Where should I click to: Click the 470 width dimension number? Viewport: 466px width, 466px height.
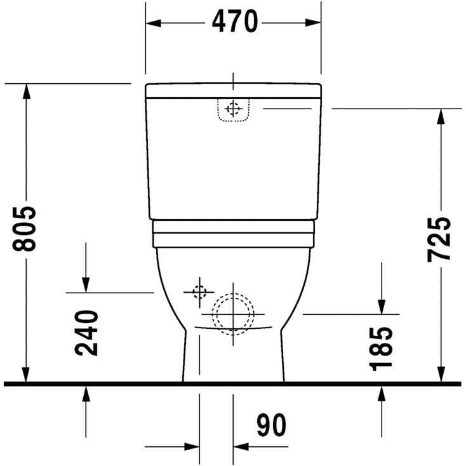click(234, 21)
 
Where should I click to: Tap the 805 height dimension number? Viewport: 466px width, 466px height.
click(24, 229)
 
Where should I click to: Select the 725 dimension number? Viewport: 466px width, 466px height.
click(439, 239)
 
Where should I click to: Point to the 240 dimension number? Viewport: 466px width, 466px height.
click(86, 333)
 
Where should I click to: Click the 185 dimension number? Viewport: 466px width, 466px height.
click(381, 349)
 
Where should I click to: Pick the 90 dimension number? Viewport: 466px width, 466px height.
click(271, 425)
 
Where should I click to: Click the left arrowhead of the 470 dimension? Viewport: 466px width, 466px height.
click(154, 23)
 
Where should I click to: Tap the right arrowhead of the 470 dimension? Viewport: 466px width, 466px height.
click(313, 23)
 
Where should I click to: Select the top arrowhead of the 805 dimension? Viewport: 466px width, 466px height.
click(26, 91)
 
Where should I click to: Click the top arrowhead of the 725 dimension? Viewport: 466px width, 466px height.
click(441, 117)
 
